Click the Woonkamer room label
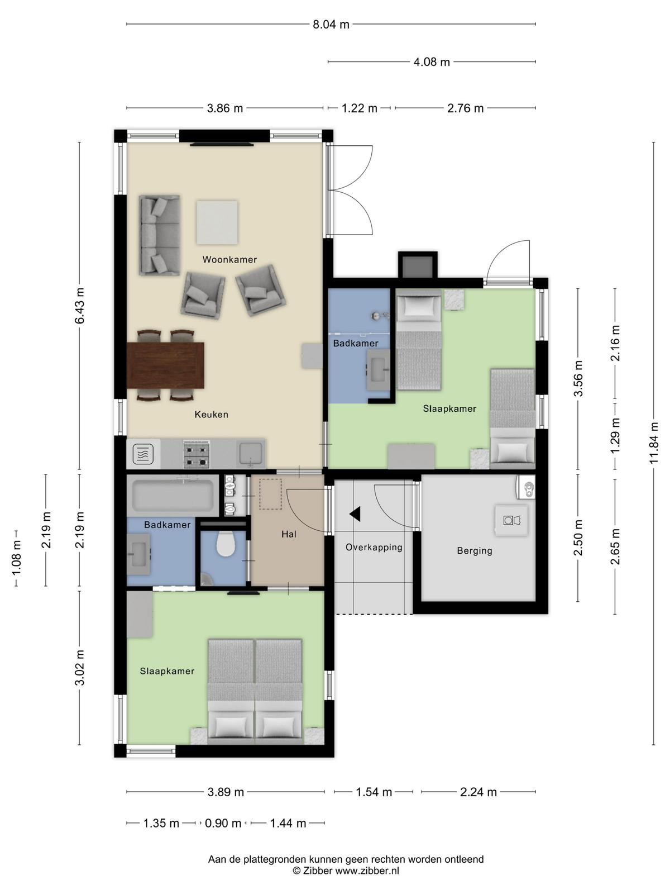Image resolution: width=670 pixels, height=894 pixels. [x=229, y=259]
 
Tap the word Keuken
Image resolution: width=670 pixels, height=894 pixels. [x=211, y=415]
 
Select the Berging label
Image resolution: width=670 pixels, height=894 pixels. [x=475, y=551]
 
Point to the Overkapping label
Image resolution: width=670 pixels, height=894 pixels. [x=374, y=548]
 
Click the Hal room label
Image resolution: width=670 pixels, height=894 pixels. [x=289, y=534]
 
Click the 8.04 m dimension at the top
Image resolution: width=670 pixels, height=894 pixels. [x=331, y=25]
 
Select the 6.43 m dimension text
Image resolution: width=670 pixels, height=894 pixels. [x=80, y=306]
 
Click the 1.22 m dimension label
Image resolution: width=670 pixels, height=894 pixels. [x=359, y=108]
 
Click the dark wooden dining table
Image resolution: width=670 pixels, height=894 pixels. [x=165, y=365]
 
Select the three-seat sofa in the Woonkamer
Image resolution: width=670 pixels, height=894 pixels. [x=160, y=235]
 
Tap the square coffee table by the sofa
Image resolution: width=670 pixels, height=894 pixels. [x=217, y=222]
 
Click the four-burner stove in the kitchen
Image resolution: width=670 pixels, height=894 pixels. [x=197, y=454]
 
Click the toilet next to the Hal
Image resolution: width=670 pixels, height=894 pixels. [x=224, y=544]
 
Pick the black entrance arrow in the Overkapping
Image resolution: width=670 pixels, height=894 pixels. [x=355, y=515]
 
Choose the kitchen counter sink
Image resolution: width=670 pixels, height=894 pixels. [x=250, y=454]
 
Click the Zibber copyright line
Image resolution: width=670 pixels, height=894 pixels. [x=346, y=871]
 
